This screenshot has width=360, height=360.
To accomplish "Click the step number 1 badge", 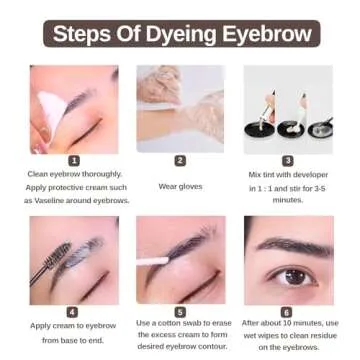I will click(x=73, y=160).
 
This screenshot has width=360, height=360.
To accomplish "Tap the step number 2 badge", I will click(x=180, y=160).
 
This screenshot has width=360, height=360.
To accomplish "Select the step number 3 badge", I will click(x=287, y=160).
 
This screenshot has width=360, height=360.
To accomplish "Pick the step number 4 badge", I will click(x=73, y=311).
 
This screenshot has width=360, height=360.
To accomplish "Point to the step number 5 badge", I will click(x=180, y=311).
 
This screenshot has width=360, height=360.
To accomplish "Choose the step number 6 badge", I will click(x=287, y=311).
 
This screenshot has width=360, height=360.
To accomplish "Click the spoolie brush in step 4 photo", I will click(x=49, y=260).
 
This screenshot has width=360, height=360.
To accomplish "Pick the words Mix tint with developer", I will click(x=287, y=174).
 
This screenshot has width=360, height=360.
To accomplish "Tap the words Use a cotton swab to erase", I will click(x=180, y=324).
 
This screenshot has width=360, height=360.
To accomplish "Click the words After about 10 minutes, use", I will click(x=289, y=324).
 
